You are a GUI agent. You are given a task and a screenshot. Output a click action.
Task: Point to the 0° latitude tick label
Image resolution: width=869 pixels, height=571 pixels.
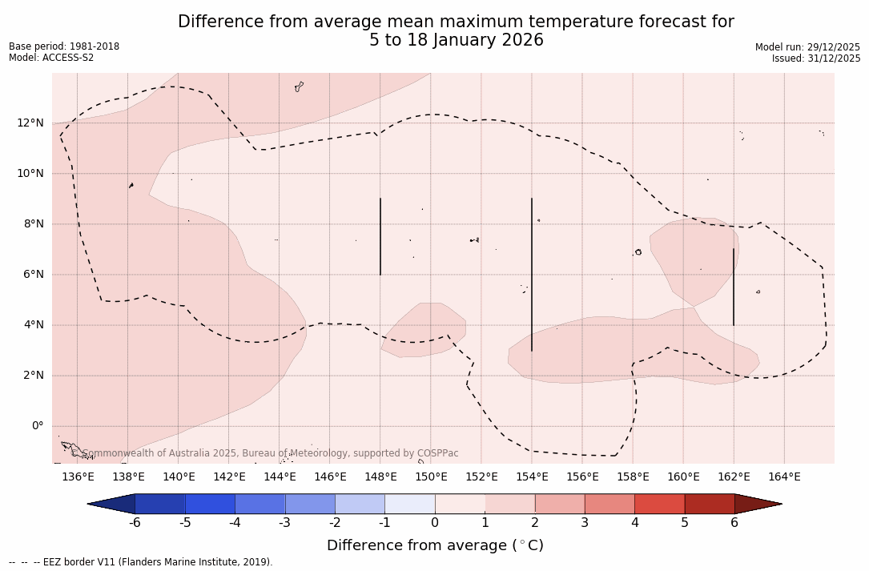pyautogui.click(x=37, y=426)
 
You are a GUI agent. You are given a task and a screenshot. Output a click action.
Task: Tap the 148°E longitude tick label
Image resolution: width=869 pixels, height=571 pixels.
pyautogui.click(x=380, y=477)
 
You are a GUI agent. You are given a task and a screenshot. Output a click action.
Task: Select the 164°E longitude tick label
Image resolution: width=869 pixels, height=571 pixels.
pyautogui.click(x=784, y=477)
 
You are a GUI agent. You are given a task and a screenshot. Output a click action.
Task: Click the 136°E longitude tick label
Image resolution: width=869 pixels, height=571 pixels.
pyautogui.click(x=78, y=477)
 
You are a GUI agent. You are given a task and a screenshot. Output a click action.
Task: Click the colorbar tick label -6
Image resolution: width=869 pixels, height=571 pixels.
pyautogui.click(x=135, y=523)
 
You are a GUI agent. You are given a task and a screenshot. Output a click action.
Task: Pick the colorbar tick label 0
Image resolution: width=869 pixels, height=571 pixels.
pyautogui.click(x=435, y=523)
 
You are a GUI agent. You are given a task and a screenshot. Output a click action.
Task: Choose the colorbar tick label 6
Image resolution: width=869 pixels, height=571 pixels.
pyautogui.click(x=734, y=523)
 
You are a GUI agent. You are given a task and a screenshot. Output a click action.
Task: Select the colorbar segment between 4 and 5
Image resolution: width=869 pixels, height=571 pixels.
pyautogui.click(x=659, y=504)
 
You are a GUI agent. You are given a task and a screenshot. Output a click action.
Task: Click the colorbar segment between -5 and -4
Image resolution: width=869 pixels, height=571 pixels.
pyautogui.click(x=211, y=504)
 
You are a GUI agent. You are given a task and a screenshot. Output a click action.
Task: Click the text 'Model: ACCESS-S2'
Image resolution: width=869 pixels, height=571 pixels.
pyautogui.click(x=51, y=58)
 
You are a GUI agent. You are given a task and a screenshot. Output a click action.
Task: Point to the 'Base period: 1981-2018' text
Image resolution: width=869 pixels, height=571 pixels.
pyautogui.click(x=64, y=46)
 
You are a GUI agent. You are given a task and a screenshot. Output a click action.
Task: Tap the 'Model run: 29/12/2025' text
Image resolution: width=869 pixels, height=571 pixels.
pyautogui.click(x=807, y=47)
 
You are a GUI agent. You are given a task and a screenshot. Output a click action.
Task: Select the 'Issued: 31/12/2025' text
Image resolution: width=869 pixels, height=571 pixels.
pyautogui.click(x=816, y=58)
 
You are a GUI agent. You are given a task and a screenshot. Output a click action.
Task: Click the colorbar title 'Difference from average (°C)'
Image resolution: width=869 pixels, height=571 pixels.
pyautogui.click(x=435, y=545)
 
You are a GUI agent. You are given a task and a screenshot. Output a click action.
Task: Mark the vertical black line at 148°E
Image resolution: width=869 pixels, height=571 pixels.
pyautogui.click(x=380, y=236)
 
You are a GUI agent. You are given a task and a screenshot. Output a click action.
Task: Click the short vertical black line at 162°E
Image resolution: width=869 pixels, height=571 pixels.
pyautogui.click(x=734, y=287)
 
